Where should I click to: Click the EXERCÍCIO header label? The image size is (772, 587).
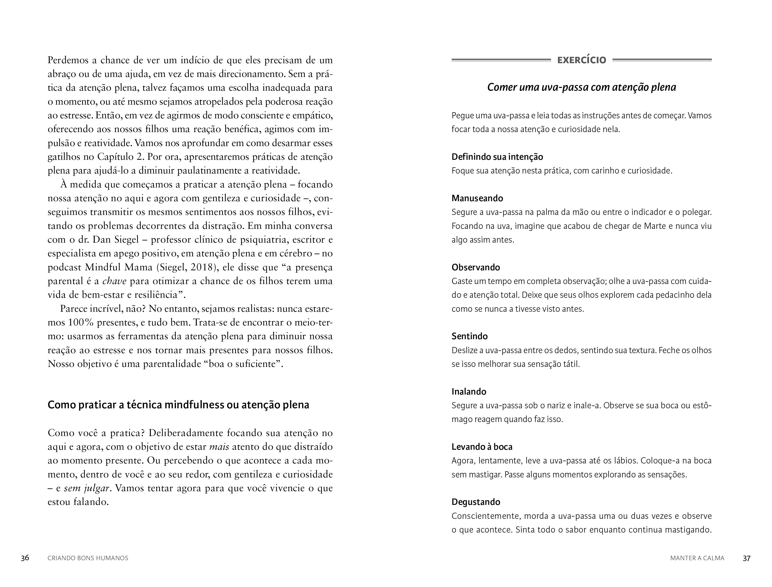tap(582, 60)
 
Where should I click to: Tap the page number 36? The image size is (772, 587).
tap(25, 558)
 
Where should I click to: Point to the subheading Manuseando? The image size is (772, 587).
tap(477, 198)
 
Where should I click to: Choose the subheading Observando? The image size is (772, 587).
tap(476, 267)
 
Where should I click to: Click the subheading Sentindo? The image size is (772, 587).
tap(469, 336)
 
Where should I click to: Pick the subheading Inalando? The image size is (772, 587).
tap(469, 391)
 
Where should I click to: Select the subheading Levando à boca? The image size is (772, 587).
tap(482, 447)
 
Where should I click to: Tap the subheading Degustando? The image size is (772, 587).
tap(476, 502)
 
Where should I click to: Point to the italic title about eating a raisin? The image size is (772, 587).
tap(582, 87)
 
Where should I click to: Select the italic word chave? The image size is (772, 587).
tap(114, 281)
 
